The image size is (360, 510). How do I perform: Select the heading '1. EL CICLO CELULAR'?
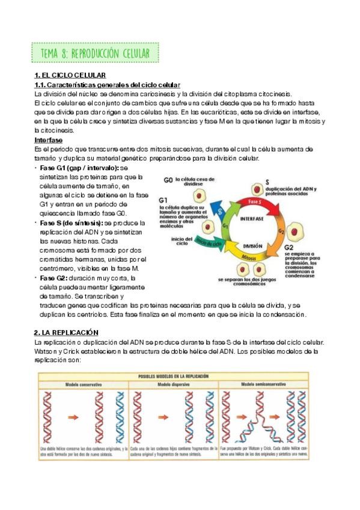pyautogui.click(x=70, y=75)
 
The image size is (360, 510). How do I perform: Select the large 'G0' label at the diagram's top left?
pyautogui.click(x=168, y=180)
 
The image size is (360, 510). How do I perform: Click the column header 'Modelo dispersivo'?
pyautogui.click(x=174, y=384)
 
